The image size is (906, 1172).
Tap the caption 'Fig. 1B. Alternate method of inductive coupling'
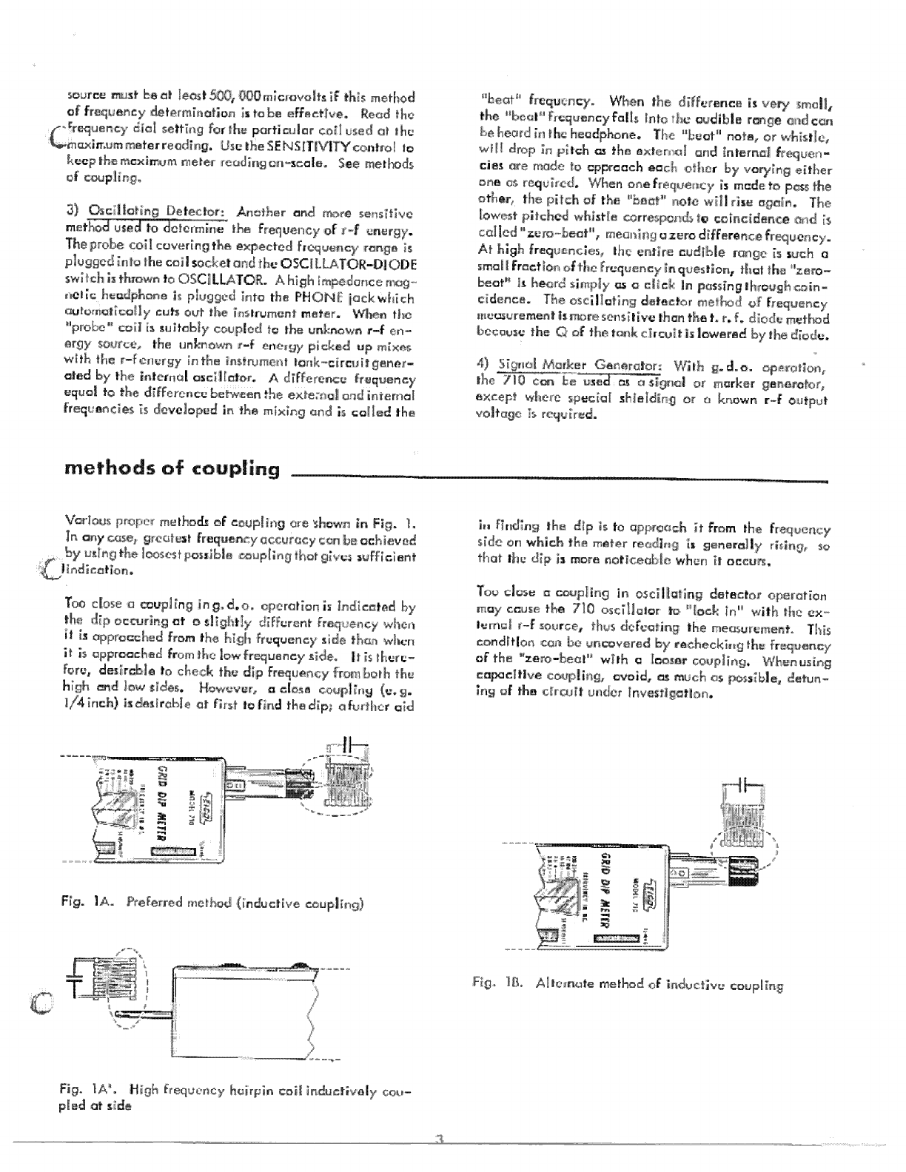click(x=627, y=985)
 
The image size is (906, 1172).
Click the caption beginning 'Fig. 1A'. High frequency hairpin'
click(x=235, y=1097)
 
